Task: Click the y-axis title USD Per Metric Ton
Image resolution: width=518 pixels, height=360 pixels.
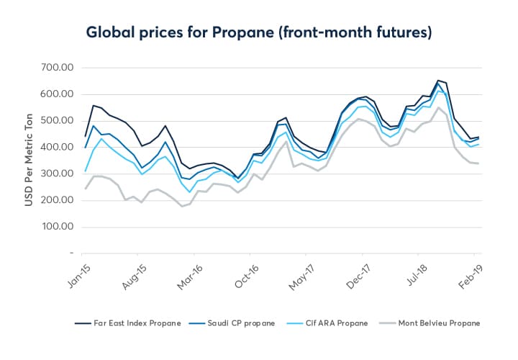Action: point(29,160)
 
